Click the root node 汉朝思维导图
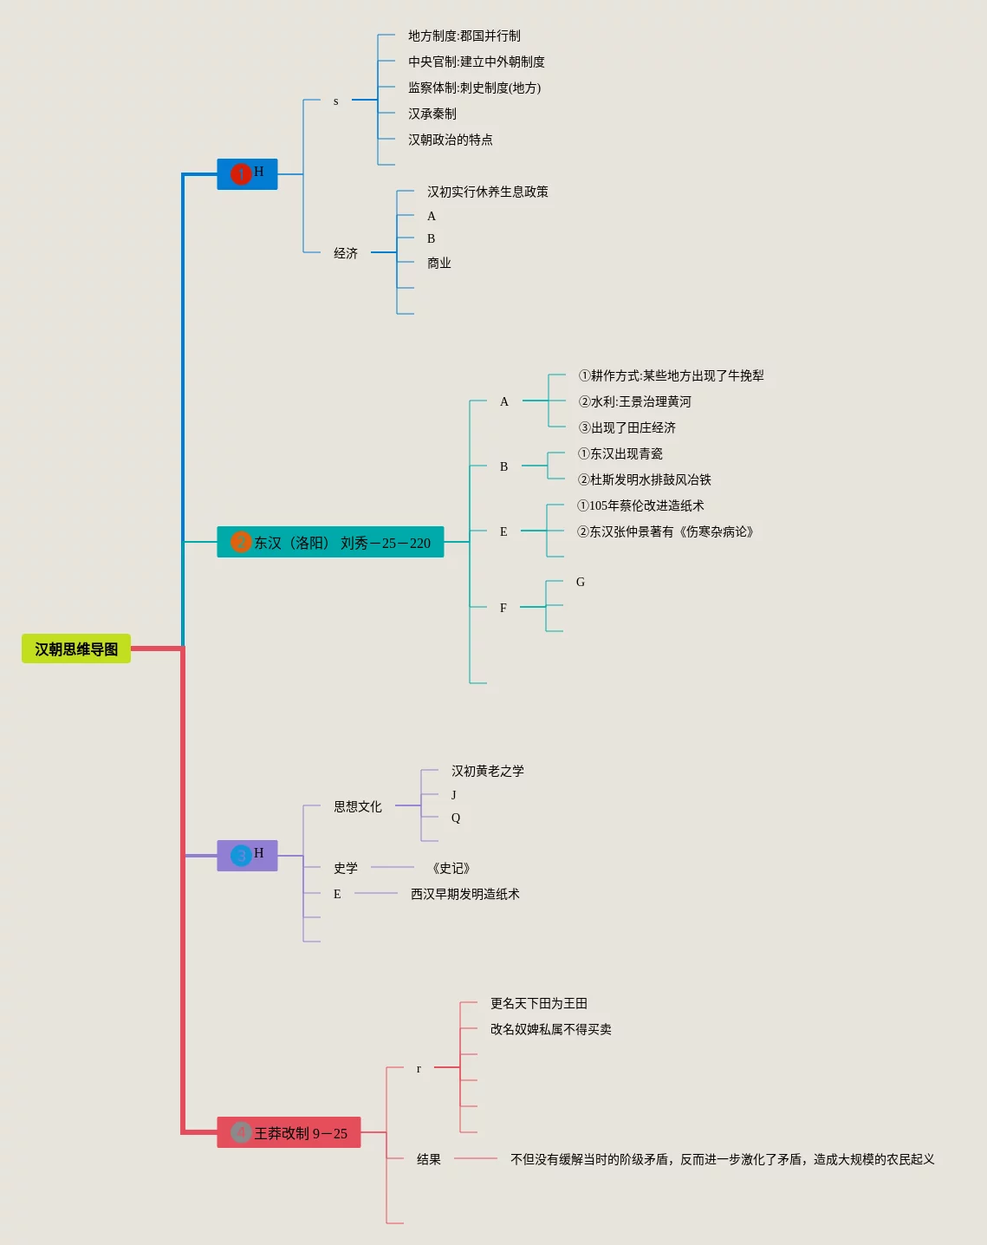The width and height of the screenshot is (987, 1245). (76, 649)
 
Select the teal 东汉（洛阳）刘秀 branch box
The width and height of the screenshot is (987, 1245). (330, 542)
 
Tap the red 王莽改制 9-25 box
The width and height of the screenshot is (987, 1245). (289, 1132)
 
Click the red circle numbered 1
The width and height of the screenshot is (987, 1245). (241, 174)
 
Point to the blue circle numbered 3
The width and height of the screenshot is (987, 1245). (241, 856)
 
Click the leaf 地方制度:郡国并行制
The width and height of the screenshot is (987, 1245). (464, 36)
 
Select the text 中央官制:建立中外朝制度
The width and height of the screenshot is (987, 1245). (476, 62)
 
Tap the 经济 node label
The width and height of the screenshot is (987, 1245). (346, 253)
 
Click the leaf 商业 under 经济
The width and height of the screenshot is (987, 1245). (438, 263)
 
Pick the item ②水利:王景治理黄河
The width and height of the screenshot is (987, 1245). (634, 401)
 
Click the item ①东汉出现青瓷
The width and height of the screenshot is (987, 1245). (620, 453)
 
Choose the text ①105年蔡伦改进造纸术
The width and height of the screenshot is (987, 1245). (640, 505)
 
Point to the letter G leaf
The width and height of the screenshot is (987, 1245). (581, 582)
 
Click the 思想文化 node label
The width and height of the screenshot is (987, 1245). (358, 806)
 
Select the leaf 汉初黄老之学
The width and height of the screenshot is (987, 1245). (487, 771)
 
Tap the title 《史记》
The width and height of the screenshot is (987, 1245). (451, 868)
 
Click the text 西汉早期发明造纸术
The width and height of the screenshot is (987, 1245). (464, 894)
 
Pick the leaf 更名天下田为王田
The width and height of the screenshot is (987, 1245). (538, 1003)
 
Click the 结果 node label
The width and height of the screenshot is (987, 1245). (429, 1159)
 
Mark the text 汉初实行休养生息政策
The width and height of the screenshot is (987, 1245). (487, 192)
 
